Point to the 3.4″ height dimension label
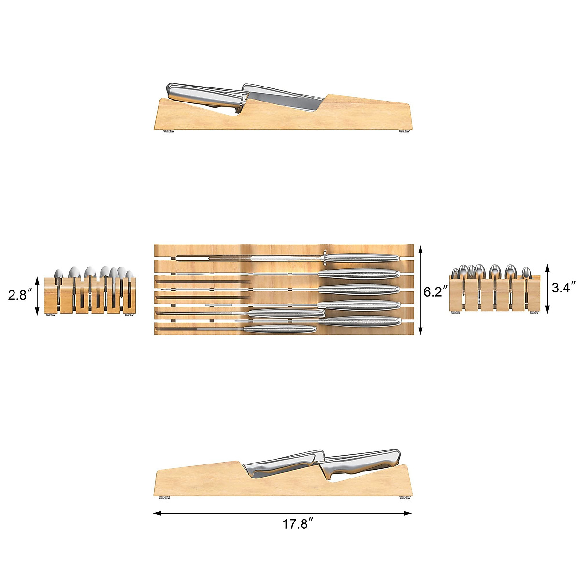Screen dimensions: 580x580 click(x=564, y=288)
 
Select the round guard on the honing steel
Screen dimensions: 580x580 click(x=326, y=258)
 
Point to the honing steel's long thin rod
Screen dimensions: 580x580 click(x=251, y=258)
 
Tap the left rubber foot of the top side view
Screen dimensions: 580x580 click(x=170, y=131)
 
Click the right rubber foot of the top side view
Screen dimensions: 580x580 click(x=403, y=131)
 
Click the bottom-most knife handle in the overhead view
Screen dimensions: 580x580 click(x=280, y=329)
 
